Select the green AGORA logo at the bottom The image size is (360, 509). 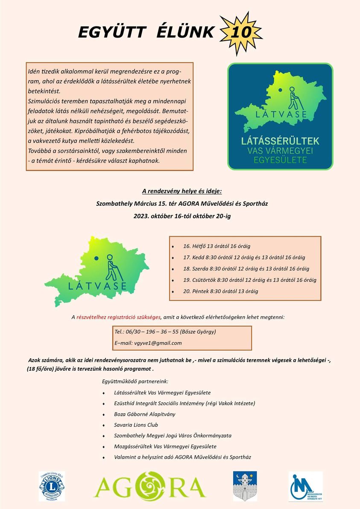pos(150,486)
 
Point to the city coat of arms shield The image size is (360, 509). pos(245,486)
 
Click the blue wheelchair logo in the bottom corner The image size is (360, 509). pos(305,486)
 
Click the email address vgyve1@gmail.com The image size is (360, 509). pos(148,343)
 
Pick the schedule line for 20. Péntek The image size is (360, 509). pos(220,291)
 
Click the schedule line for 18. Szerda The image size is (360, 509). pos(246,269)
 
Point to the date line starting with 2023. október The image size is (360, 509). pos(182,216)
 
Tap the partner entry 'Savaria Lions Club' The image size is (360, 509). pos(136,425)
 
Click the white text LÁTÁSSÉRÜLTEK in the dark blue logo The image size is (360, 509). pos(280,140)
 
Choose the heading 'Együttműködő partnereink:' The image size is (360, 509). pos(135,380)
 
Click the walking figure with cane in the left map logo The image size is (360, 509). pos(112,266)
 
